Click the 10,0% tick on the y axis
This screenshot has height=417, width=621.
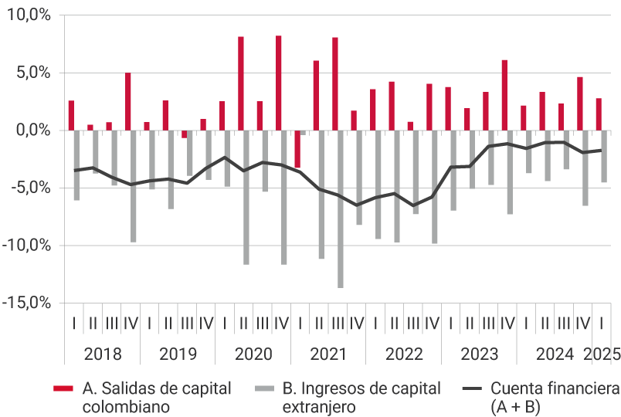click(x=27, y=15)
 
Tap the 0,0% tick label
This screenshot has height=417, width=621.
click(x=31, y=131)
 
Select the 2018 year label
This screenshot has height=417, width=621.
click(x=103, y=354)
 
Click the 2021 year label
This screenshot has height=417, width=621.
click(x=328, y=354)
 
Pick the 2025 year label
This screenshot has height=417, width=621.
click(x=602, y=354)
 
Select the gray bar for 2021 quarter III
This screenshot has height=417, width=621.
click(x=341, y=208)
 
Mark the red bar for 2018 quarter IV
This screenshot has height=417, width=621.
click(x=128, y=101)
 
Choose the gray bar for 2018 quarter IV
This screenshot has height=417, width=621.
click(x=134, y=186)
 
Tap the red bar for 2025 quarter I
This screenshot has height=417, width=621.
click(x=599, y=114)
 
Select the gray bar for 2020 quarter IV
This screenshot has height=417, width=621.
click(x=284, y=197)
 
